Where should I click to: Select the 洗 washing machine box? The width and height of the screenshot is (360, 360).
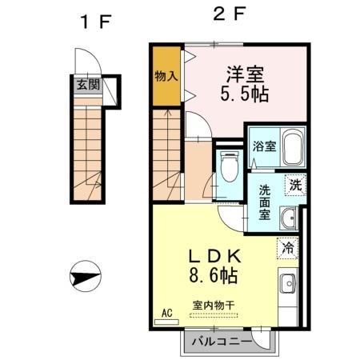pyautogui.click(x=296, y=184)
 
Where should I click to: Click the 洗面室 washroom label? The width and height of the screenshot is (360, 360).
pyautogui.click(x=264, y=203)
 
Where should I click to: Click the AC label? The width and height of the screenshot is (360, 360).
pyautogui.click(x=167, y=314)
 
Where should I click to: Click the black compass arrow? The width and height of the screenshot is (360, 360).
pyautogui.click(x=84, y=278)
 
